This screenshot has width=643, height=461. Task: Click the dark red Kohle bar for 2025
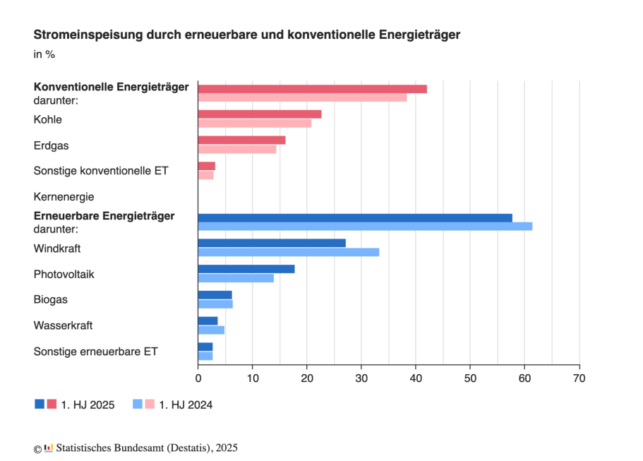point(259,114)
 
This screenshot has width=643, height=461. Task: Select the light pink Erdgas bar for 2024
point(237,149)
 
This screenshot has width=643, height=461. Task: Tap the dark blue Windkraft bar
point(272,243)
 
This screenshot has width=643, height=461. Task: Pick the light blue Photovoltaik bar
point(236,278)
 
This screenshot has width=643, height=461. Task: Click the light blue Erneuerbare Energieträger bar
point(365,226)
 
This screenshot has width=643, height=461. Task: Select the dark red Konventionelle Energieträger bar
point(312,88)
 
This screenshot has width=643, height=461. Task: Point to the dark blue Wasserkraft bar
point(208,321)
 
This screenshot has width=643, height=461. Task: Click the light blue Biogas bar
point(215,304)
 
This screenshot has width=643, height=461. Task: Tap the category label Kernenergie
point(64,197)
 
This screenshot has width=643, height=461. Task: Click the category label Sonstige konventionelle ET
point(101,171)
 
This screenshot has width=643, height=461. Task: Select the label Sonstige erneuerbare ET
point(96,351)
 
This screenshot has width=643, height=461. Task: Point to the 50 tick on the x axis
point(470,379)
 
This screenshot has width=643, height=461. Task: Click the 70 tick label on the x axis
point(579,379)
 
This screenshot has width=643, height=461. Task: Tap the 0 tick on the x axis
point(198,379)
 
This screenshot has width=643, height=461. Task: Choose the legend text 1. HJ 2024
point(186,405)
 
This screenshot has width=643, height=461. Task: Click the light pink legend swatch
point(150,404)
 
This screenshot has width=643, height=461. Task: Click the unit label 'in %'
point(44,54)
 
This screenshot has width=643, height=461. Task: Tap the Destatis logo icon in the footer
point(49,448)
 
